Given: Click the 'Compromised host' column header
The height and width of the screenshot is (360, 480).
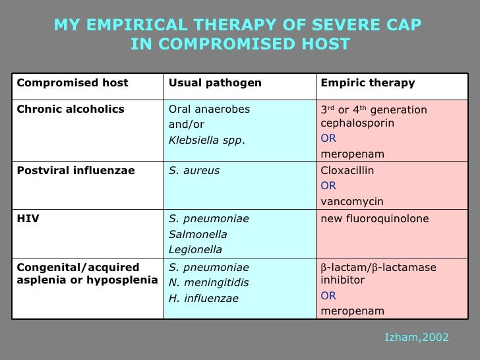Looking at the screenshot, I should (73, 83).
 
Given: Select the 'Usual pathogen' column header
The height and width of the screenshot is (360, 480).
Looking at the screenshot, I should (216, 83).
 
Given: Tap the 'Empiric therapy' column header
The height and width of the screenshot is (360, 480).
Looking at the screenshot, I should (368, 83).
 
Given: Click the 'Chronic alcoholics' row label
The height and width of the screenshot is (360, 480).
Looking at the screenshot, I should (71, 109).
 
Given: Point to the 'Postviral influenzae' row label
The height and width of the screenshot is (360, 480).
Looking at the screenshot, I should (76, 171).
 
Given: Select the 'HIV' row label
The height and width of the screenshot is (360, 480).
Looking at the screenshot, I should (28, 218).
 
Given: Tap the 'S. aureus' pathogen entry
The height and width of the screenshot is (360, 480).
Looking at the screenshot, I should (195, 171).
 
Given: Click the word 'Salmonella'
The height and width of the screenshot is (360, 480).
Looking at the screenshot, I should (198, 234).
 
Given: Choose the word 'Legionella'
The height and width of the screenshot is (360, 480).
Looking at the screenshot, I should (196, 250).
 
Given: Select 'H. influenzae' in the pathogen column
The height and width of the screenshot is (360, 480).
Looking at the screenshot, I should (204, 299).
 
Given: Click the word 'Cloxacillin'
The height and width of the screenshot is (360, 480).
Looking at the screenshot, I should (347, 171).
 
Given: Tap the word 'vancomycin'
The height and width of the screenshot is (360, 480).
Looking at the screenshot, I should (352, 202).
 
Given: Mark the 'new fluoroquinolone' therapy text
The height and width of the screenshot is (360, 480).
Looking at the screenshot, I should (375, 218).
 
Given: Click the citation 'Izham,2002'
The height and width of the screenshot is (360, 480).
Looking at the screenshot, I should (416, 337).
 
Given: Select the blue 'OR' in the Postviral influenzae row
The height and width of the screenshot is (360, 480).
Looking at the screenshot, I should (328, 186).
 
